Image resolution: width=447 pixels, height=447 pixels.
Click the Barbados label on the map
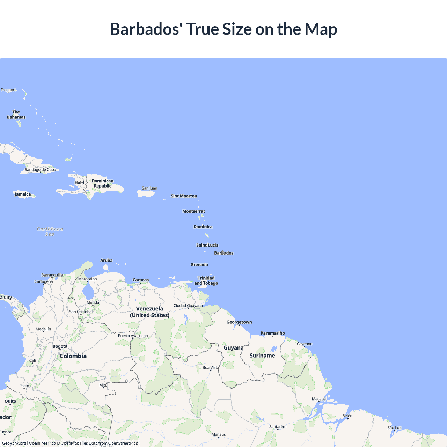(224, 253)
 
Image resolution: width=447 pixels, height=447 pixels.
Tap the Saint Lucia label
(207, 245)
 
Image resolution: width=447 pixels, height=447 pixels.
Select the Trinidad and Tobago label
(206, 281)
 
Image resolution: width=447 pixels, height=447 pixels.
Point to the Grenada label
(199, 265)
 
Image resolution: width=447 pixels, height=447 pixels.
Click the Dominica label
(203, 227)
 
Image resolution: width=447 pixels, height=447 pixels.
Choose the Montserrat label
(193, 211)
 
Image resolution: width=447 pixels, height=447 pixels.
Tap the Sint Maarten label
(184, 196)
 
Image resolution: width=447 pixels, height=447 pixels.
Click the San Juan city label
(149, 188)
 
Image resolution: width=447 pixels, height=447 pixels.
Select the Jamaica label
(23, 194)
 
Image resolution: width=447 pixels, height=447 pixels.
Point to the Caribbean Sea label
(50, 232)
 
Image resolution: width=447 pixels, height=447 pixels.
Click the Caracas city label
(141, 280)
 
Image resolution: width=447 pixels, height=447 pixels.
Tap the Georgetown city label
(239, 322)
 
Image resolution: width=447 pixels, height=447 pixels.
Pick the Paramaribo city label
(272, 333)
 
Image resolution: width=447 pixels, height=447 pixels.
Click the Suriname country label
(262, 356)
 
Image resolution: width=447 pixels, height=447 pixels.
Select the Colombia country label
(73, 356)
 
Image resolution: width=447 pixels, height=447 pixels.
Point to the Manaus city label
(219, 435)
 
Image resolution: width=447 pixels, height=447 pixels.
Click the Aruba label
(106, 261)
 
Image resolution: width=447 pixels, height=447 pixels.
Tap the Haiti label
(79, 183)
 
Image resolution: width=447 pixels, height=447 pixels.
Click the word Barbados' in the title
(146, 29)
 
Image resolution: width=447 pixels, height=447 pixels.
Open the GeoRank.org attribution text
(14, 443)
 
